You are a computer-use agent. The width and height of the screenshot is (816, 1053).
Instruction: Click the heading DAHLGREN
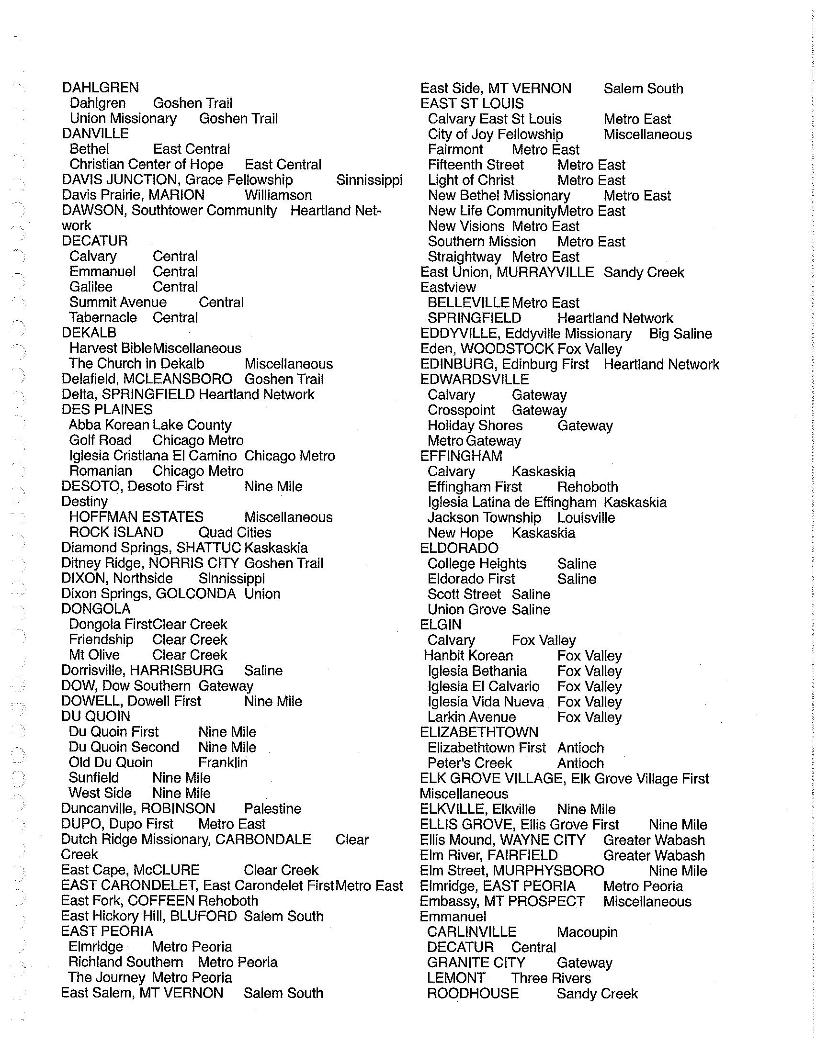[x=100, y=88]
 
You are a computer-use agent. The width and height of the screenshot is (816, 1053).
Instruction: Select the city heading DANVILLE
[x=95, y=134]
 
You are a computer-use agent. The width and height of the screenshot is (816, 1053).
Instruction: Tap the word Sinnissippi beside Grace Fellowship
[x=369, y=180]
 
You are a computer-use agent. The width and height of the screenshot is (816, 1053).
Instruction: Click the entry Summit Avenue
[x=118, y=302]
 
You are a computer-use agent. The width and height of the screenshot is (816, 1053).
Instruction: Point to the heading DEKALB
[x=89, y=333]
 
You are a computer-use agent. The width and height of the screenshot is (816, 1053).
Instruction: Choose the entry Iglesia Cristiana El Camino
[x=153, y=456]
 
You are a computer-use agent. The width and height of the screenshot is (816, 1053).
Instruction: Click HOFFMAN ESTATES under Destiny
[x=136, y=517]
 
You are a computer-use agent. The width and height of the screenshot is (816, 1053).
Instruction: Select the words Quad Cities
[x=235, y=532]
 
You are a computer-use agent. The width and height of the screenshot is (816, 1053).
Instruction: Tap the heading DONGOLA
[x=95, y=609]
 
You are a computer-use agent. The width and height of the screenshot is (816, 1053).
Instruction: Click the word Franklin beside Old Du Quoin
[x=223, y=762]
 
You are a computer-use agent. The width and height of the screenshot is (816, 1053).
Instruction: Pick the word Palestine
[x=272, y=808]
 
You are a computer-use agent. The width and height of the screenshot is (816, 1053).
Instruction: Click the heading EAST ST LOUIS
[x=472, y=104]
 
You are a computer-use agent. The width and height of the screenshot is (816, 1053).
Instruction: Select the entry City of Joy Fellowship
[x=495, y=134]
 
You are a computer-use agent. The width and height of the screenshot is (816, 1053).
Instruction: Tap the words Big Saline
[x=680, y=334]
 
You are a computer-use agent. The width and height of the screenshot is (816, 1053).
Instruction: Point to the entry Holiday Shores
[x=475, y=425]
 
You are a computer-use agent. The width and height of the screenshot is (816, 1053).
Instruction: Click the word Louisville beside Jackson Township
[x=586, y=518]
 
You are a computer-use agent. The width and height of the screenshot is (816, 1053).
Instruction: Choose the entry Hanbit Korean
[x=468, y=656]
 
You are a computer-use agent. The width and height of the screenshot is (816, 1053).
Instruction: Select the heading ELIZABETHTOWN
[x=479, y=732]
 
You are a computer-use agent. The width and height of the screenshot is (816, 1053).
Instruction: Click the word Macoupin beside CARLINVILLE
[x=587, y=932]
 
